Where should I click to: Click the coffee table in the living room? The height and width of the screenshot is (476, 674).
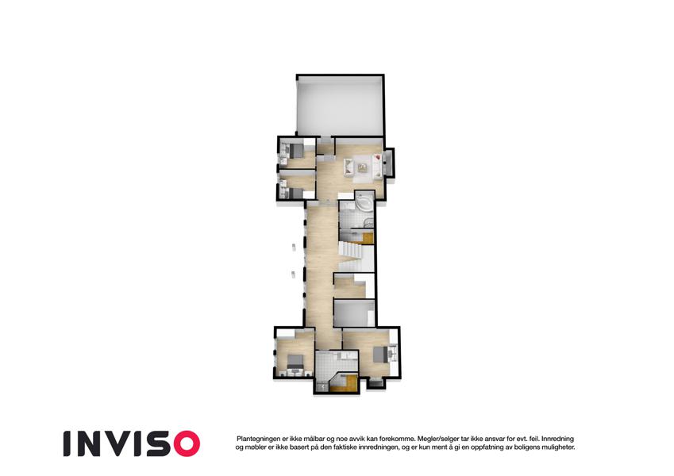coord(362,168)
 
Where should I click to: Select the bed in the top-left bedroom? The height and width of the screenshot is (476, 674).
coord(296,150)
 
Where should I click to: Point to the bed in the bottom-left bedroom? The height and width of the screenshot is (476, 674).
coord(295,362)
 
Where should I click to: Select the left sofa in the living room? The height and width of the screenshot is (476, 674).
coord(349,167)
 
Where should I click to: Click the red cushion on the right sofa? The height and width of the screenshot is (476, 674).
coord(377,158)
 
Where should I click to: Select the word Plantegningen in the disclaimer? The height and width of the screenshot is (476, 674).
coord(257,439)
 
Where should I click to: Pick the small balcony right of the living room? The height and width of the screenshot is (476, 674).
coord(389,163)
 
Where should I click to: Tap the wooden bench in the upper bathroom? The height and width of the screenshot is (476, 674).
coord(367,238)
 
